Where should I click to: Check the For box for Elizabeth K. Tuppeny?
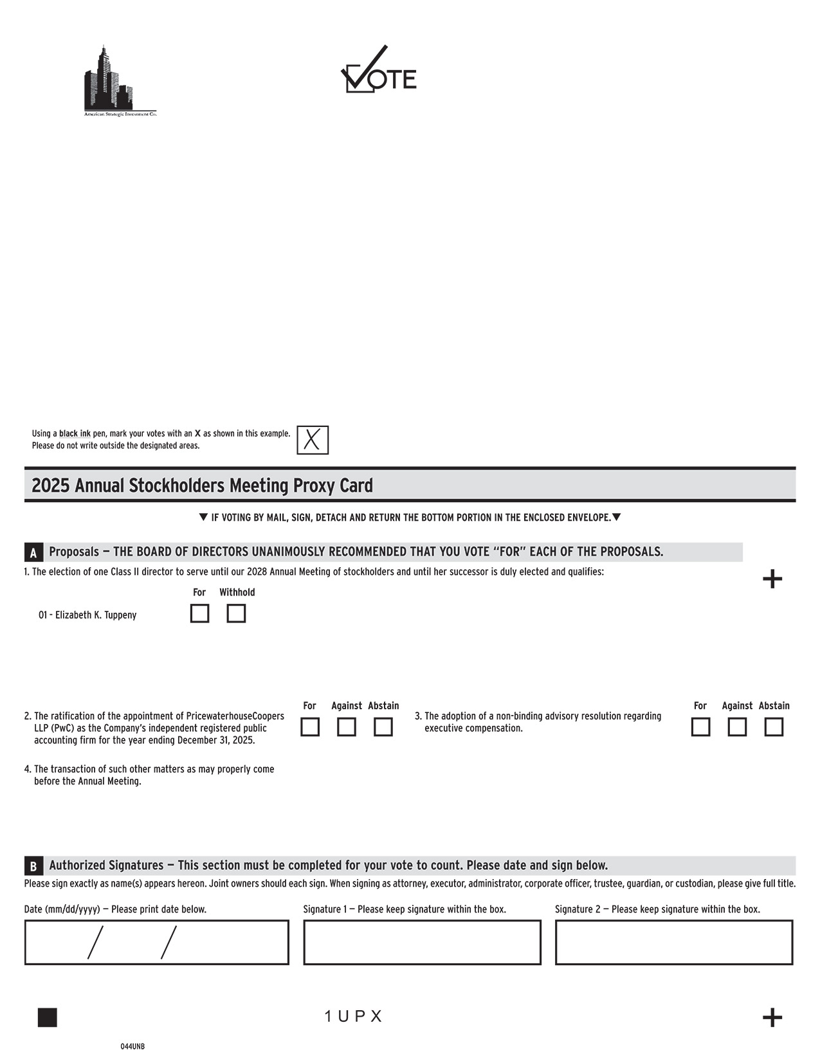[x=199, y=613]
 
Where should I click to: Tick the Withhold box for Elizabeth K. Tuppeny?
[x=236, y=613]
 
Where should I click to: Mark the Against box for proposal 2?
[x=347, y=727]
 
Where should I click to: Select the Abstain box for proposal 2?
[x=383, y=727]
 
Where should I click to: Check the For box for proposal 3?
[x=700, y=727]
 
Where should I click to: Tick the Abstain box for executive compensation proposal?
[x=774, y=727]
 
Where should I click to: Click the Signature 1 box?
[x=422, y=943]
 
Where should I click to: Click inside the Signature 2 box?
[x=674, y=943]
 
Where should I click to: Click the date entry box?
[x=156, y=943]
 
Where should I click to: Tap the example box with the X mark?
[x=313, y=440]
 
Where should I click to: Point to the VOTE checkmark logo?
[x=378, y=70]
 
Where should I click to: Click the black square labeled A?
[x=33, y=552]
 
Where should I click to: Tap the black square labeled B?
[x=33, y=866]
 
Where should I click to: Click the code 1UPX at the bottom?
[x=354, y=1017]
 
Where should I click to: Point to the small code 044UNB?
[x=132, y=1047]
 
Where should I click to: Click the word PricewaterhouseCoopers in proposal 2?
[x=235, y=716]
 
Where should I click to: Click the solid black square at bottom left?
[x=48, y=1018]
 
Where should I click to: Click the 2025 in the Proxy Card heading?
[x=50, y=485]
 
